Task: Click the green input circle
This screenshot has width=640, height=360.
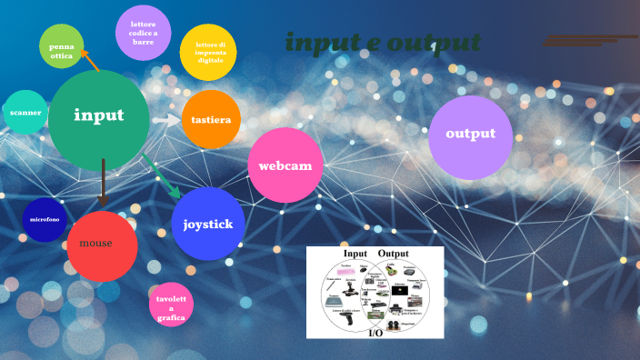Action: point(98,118)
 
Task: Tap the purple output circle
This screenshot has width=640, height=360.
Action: point(470,136)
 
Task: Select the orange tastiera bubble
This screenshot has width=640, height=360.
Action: point(211,119)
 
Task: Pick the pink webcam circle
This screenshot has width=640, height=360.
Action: point(285,165)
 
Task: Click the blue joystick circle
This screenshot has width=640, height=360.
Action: point(208,224)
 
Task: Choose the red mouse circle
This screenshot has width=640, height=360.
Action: point(102,245)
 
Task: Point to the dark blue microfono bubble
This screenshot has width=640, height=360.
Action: point(45,219)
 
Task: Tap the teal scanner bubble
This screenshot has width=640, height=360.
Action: point(25,113)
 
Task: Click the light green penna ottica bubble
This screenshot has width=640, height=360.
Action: point(62,46)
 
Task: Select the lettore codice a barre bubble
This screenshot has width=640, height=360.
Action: point(144,33)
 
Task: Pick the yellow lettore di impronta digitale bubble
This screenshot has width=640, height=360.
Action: point(208,52)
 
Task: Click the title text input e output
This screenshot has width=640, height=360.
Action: point(383,43)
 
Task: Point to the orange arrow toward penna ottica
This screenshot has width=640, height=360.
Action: point(89,60)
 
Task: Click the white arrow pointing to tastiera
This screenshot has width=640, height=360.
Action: point(166,119)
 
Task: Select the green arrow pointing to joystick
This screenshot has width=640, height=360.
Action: point(162,176)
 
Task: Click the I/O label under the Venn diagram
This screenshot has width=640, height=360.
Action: point(375,334)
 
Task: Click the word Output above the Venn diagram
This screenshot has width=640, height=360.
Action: point(394,253)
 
